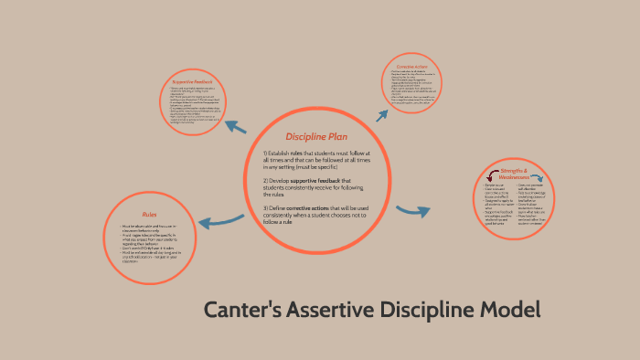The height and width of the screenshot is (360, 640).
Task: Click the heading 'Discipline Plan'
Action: click(316, 136)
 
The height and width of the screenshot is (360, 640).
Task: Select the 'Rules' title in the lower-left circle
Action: click(149, 213)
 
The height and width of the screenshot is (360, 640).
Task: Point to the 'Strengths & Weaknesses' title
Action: click(514, 175)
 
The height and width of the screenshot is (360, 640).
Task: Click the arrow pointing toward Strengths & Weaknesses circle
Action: click(413, 212)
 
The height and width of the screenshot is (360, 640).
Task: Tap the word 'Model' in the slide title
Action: click(509, 310)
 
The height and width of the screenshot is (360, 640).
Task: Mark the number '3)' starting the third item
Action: click(266, 209)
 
